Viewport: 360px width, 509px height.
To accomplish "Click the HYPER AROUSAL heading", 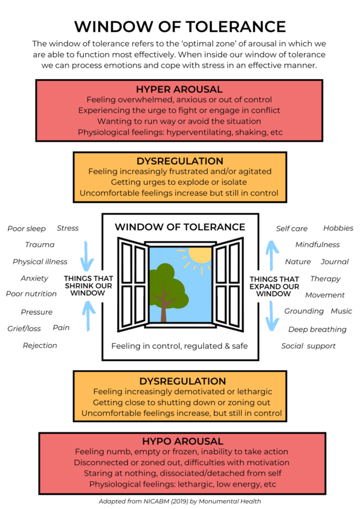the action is [x=179, y=89].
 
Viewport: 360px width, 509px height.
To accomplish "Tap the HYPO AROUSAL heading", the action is [x=183, y=441].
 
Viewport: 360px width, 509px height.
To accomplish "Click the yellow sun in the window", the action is [x=200, y=255].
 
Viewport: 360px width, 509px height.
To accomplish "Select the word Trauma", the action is [x=40, y=245].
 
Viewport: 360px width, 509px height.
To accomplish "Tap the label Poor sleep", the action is [x=27, y=229].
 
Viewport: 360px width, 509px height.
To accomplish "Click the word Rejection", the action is [x=40, y=345].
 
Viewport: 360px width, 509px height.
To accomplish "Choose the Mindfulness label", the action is [x=317, y=245].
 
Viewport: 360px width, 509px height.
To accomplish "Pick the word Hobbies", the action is [x=338, y=228].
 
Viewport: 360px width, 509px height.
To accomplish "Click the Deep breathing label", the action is [x=317, y=330].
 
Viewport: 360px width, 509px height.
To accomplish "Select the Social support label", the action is [x=308, y=346].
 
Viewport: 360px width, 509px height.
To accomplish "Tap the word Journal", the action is [x=335, y=261].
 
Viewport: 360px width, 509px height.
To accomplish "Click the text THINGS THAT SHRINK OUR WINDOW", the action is [x=89, y=286].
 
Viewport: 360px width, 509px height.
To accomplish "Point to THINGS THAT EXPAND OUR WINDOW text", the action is [x=274, y=286].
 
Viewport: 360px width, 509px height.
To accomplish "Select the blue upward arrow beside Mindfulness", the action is [x=272, y=255].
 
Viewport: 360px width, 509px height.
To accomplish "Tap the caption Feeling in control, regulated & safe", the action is [x=180, y=346].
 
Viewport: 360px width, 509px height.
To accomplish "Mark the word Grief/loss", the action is [x=24, y=329].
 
